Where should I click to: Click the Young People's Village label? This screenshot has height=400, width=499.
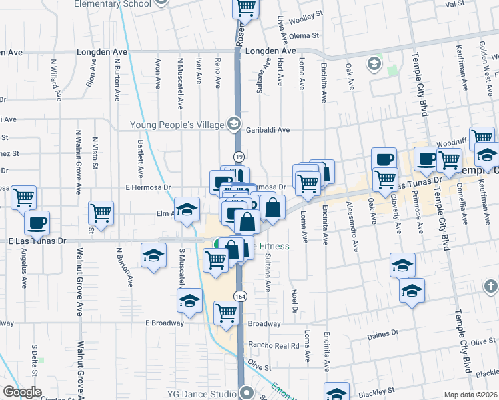(177, 124)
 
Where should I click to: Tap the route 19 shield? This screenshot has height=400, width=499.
(238, 156)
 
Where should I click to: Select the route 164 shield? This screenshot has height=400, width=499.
(238, 295)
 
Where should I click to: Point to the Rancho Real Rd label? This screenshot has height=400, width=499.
(274, 345)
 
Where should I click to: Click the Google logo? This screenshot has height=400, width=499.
(22, 392)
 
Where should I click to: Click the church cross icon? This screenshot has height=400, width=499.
(491, 287)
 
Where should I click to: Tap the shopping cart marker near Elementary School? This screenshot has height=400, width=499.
(245, 7)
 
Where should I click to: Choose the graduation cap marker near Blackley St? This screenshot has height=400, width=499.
(336, 392)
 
